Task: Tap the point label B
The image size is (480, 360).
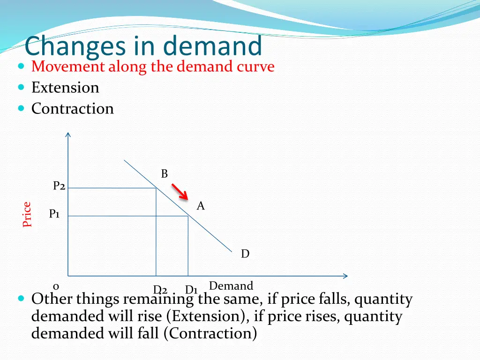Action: (x=164, y=174)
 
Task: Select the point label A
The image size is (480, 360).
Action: (x=201, y=206)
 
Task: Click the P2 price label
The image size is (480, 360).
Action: (x=59, y=186)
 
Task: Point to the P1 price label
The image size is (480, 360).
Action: (x=54, y=214)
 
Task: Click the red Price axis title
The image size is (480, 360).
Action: (x=27, y=214)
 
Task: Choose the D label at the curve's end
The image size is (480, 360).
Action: (x=245, y=254)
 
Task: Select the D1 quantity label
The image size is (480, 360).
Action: (x=191, y=290)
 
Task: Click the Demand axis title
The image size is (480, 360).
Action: (x=231, y=286)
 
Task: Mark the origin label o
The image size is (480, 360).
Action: (x=56, y=286)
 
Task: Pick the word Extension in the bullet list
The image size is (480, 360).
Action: (x=65, y=88)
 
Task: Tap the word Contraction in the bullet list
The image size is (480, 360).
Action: (x=73, y=109)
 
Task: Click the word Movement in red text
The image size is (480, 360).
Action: (x=68, y=67)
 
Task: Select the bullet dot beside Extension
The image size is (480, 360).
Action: (x=21, y=88)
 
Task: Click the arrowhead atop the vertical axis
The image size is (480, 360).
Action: (x=68, y=135)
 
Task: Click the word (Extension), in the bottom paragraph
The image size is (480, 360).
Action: (x=207, y=316)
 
